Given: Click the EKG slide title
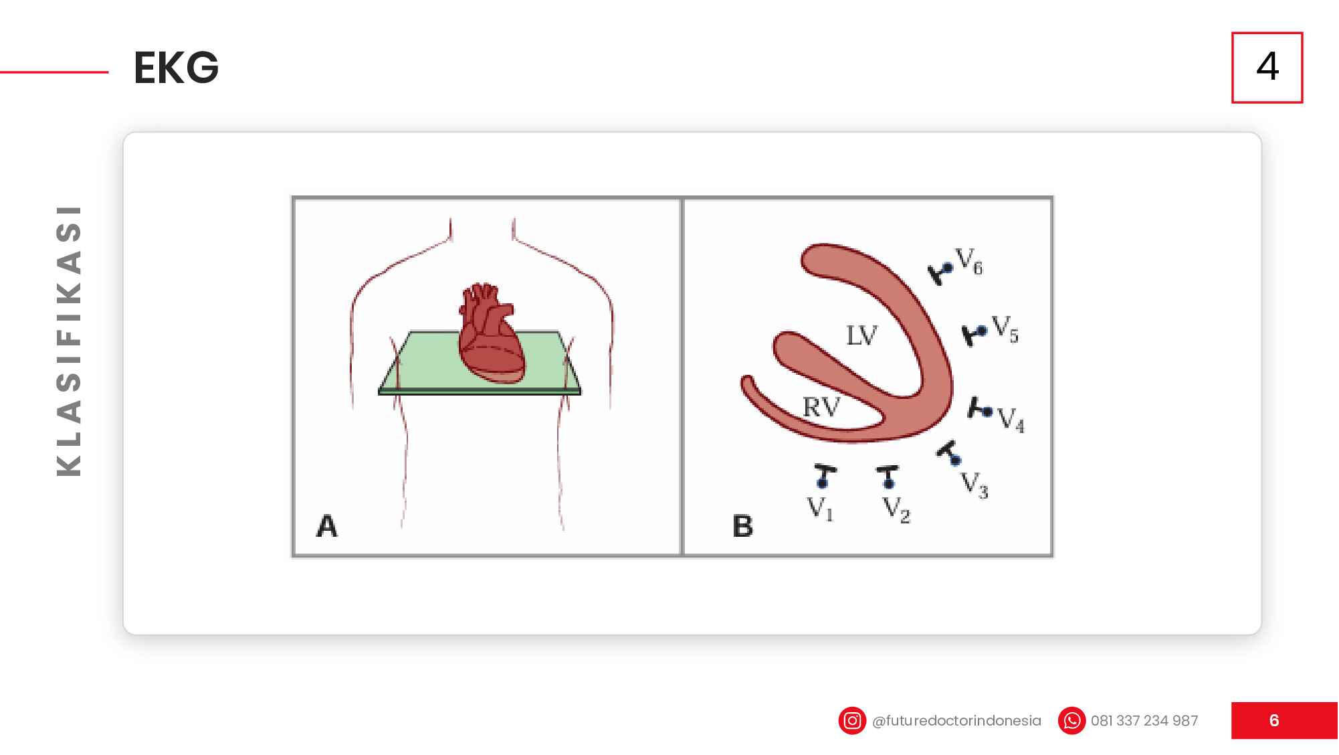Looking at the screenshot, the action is tap(176, 68).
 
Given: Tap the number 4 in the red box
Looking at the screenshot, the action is tap(1267, 66).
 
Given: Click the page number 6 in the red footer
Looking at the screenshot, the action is tap(1274, 720).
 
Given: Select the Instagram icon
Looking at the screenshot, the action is tap(852, 721).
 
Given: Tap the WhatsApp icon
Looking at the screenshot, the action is tap(1071, 721).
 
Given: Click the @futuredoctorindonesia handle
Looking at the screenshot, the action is tap(956, 721).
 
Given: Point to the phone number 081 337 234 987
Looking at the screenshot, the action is tap(1144, 721).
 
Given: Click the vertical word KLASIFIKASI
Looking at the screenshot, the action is tap(69, 341).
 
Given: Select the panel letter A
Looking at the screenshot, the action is tap(327, 526).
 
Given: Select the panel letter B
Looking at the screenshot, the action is tap(743, 526).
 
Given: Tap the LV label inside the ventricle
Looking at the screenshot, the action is tap(861, 335).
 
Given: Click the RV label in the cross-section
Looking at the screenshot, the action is tap(821, 406).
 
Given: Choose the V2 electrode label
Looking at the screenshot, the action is tap(896, 509).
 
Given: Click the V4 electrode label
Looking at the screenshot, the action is tap(1011, 420).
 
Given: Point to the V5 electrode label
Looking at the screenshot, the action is tap(1005, 329).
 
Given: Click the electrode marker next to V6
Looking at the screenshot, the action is tap(940, 272).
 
